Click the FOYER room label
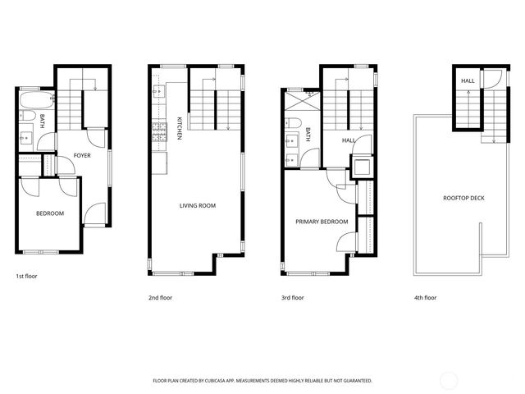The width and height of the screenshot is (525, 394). click(82, 155)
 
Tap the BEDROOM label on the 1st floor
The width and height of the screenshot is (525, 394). click(49, 213)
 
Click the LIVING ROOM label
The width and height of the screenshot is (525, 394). click(197, 205)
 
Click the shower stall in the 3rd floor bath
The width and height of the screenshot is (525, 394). click(295, 103)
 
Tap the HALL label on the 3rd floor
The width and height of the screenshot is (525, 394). click(348, 140)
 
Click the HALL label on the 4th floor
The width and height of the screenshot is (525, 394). click(468, 80)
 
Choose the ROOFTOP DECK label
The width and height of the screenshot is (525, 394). click(463, 198)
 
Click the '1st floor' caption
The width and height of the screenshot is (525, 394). click(26, 277)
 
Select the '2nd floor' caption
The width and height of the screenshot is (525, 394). click(160, 298)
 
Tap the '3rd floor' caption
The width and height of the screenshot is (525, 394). click(292, 298)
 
